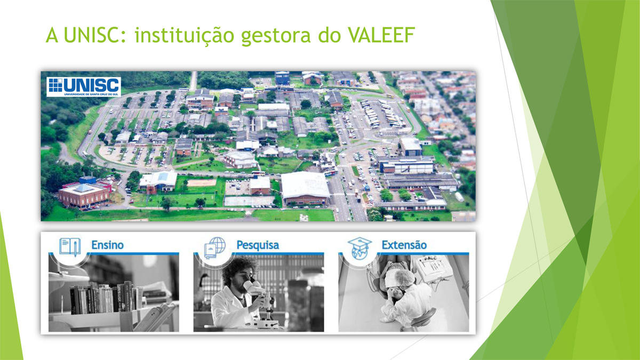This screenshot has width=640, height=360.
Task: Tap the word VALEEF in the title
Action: [x=381, y=35]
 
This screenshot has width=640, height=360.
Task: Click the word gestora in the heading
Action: [x=276, y=36]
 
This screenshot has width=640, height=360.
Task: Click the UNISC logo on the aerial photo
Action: [x=84, y=86]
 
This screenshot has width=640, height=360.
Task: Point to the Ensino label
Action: [x=107, y=245]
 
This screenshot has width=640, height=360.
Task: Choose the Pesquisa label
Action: [x=258, y=245]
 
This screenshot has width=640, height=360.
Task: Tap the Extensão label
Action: [x=404, y=245]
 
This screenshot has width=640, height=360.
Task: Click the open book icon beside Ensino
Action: [x=70, y=246]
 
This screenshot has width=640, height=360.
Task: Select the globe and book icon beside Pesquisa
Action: [x=215, y=248]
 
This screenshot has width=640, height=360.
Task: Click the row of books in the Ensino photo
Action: [x=106, y=298]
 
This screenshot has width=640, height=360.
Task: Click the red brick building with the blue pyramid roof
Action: [x=84, y=195]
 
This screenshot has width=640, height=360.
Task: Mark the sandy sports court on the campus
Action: [x=202, y=182]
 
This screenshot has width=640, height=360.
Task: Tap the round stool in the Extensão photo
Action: [x=422, y=318]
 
